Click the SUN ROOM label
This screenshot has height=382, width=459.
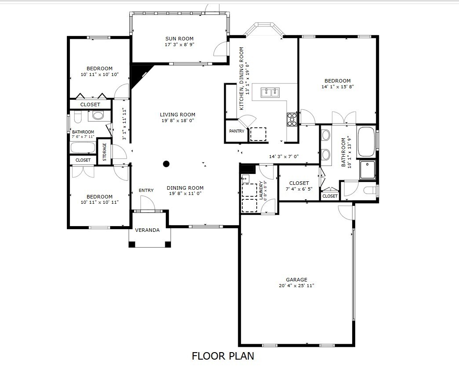[x=179, y=39]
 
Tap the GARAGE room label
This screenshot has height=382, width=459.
[x=296, y=280]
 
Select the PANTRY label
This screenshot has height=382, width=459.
[x=237, y=131]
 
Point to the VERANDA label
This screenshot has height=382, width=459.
[x=147, y=230]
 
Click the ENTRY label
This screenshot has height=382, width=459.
[x=146, y=190]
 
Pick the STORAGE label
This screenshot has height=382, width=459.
[x=105, y=152]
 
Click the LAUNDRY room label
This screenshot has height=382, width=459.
[x=261, y=191]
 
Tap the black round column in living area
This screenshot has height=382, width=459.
[x=166, y=164]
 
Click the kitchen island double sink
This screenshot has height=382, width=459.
[x=270, y=92]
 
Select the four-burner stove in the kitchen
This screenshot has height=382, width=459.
[x=292, y=119]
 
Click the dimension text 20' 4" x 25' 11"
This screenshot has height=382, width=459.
[x=296, y=285]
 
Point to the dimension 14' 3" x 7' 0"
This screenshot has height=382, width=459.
[x=284, y=156]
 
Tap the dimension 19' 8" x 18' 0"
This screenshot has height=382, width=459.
[x=178, y=120]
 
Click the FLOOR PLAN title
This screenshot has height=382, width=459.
[x=223, y=356]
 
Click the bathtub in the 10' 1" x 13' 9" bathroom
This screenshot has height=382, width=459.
[x=366, y=142]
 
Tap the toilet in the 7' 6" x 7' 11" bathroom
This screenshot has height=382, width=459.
[x=77, y=117]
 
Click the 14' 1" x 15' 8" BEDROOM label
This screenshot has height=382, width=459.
[x=338, y=81]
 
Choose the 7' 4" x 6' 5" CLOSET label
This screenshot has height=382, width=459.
[x=299, y=183]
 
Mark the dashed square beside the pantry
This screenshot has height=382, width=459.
[x=258, y=134]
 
